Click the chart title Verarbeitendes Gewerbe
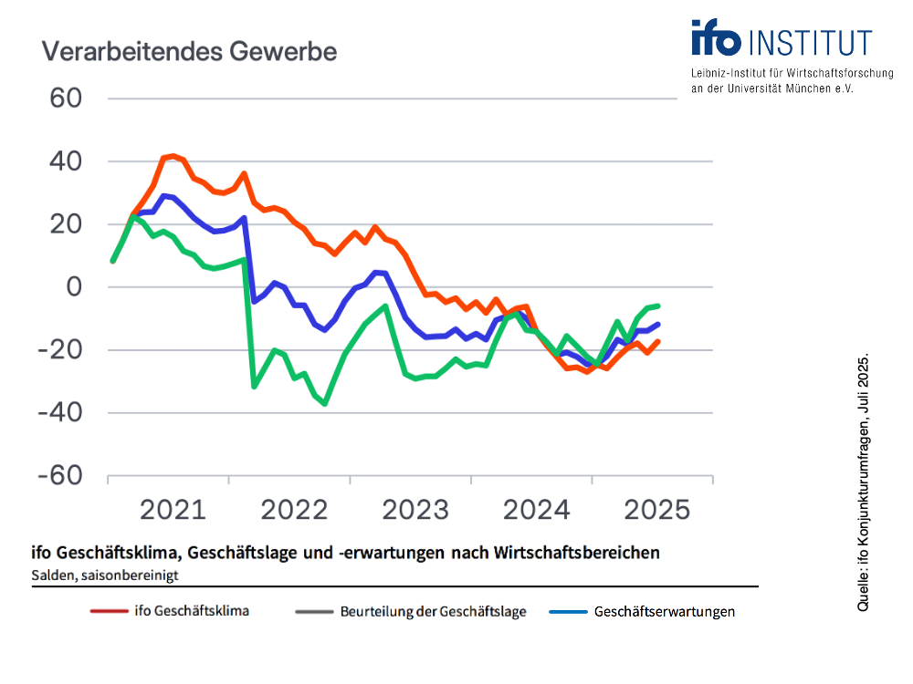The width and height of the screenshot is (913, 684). click(189, 52)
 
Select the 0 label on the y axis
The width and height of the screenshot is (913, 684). click(73, 287)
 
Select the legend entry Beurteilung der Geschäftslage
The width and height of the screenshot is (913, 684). click(433, 612)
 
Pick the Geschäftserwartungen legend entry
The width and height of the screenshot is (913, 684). click(665, 612)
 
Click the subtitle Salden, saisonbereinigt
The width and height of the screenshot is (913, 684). click(104, 575)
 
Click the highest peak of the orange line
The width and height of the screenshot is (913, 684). click(173, 156)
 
